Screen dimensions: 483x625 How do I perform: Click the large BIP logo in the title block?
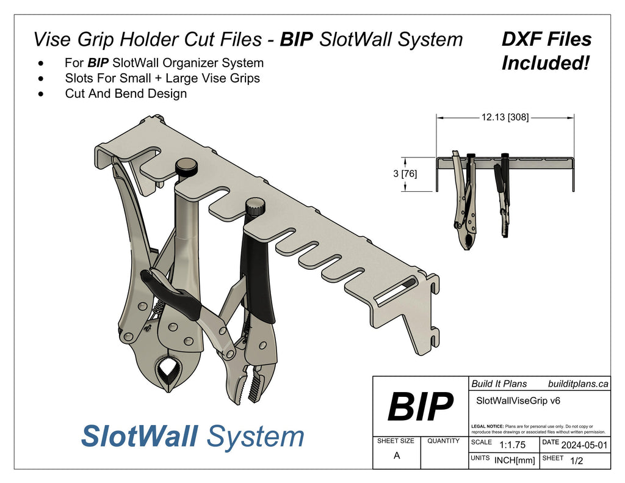(x=421, y=406)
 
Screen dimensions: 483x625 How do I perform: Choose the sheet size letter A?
(x=397, y=455)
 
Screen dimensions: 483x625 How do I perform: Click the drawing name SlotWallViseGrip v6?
(x=517, y=401)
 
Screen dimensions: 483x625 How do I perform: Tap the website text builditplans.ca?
(x=577, y=383)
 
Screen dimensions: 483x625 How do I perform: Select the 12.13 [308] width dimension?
(x=505, y=117)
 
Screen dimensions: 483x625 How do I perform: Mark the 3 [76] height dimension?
(x=405, y=174)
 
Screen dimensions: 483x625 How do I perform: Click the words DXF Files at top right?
(x=546, y=40)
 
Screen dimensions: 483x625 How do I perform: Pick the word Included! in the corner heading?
(x=546, y=63)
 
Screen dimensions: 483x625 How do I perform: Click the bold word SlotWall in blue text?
(x=139, y=436)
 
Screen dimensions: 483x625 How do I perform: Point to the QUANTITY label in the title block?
(x=444, y=440)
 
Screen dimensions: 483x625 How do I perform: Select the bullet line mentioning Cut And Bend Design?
(x=126, y=93)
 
